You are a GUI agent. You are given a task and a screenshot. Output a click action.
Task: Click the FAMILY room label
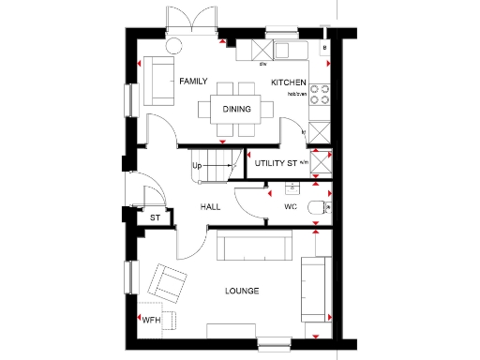(193, 82)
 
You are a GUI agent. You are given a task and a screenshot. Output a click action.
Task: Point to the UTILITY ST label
(276, 163)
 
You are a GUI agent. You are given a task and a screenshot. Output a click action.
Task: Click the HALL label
(209, 206)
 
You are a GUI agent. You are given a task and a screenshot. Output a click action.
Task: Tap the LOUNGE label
(241, 291)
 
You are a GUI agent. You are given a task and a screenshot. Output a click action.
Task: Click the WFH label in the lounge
(151, 320)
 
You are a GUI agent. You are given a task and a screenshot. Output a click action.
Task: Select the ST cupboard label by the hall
(156, 217)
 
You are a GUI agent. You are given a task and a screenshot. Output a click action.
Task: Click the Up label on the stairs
(197, 167)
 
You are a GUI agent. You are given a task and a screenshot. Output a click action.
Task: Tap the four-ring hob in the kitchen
(319, 94)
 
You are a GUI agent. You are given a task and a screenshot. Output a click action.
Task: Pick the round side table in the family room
(174, 47)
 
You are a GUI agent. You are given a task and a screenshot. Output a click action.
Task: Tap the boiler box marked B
(323, 47)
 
